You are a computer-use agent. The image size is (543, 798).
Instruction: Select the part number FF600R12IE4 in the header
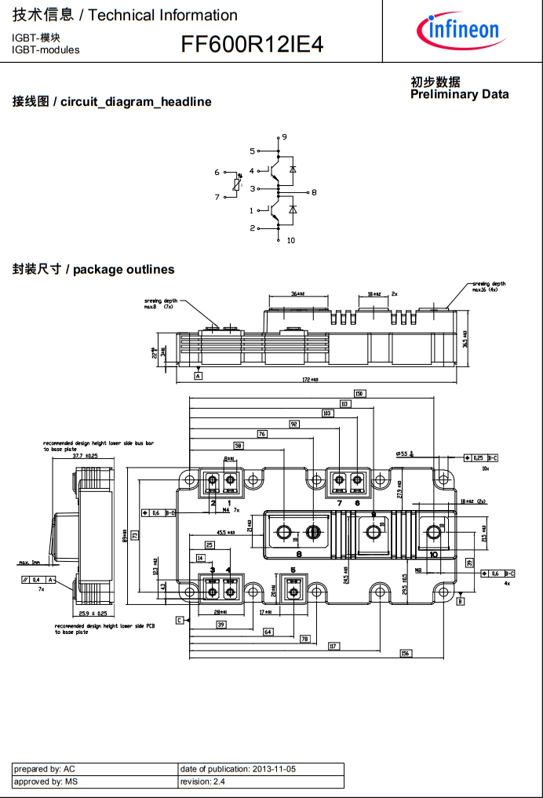click(x=252, y=45)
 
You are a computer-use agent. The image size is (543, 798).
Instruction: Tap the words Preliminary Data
click(x=459, y=94)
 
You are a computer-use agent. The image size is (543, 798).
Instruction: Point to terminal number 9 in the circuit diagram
click(x=284, y=137)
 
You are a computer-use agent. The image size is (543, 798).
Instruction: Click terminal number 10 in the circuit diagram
click(x=290, y=240)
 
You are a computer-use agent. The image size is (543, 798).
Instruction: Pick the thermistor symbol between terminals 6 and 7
click(x=238, y=184)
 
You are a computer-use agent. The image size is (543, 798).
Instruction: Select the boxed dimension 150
click(x=359, y=394)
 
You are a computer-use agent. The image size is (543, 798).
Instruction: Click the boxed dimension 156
click(x=405, y=654)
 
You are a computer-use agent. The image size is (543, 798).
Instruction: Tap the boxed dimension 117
click(x=333, y=646)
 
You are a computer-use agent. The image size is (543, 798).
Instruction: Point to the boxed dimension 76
click(x=262, y=434)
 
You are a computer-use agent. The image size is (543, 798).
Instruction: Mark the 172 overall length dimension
click(x=311, y=380)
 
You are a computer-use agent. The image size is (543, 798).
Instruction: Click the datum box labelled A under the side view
click(x=199, y=377)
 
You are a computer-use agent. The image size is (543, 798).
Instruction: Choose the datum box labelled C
click(x=179, y=620)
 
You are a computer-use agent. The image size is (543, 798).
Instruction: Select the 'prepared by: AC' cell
click(x=94, y=769)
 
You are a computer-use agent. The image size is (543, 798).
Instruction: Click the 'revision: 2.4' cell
click(x=261, y=782)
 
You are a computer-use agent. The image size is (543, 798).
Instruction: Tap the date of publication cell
click(x=261, y=769)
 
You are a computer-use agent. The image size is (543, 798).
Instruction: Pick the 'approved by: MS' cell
click(x=94, y=782)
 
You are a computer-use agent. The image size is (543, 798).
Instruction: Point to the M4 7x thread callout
click(x=230, y=511)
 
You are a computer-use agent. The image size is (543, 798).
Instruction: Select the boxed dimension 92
click(x=294, y=424)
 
